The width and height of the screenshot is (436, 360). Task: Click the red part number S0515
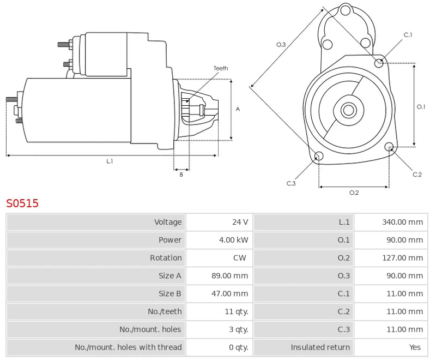point(22,203)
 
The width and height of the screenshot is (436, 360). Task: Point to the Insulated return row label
point(320,347)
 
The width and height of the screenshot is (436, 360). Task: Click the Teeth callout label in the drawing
point(221,68)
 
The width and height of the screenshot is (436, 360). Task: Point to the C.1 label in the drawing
point(408,35)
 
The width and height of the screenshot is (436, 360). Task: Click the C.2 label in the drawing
point(417,175)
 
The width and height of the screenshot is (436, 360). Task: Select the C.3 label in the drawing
point(291,183)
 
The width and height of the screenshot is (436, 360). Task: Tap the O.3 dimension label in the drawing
point(281,45)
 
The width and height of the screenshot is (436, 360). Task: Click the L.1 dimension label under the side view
point(110,161)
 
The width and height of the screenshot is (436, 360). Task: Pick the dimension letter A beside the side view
point(238,109)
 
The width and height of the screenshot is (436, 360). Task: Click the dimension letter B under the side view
point(181,175)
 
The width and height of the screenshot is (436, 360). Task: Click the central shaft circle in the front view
point(348,110)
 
